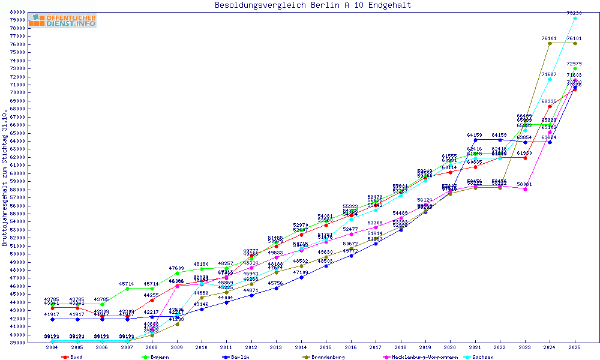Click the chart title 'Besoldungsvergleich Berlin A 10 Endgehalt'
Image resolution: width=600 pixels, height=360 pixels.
[313, 5]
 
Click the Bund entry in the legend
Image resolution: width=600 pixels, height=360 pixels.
[75, 357]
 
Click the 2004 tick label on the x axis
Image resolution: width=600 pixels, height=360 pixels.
[52, 348]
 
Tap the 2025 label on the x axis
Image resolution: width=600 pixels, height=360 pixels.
[575, 348]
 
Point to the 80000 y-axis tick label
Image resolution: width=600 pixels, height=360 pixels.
[16, 12]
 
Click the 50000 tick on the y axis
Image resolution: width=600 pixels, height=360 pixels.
[16, 254]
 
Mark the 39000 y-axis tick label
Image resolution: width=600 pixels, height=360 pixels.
[16, 343]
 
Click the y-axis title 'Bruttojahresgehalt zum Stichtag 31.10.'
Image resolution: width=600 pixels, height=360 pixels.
[5, 178]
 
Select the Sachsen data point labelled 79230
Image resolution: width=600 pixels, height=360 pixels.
[575, 19]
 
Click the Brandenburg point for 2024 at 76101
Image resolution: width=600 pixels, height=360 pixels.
[550, 43]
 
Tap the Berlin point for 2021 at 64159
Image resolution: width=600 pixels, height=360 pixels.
[475, 140]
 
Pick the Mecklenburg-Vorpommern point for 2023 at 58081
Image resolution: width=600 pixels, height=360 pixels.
[525, 189]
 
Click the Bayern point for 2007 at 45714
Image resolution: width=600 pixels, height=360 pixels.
[127, 289]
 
